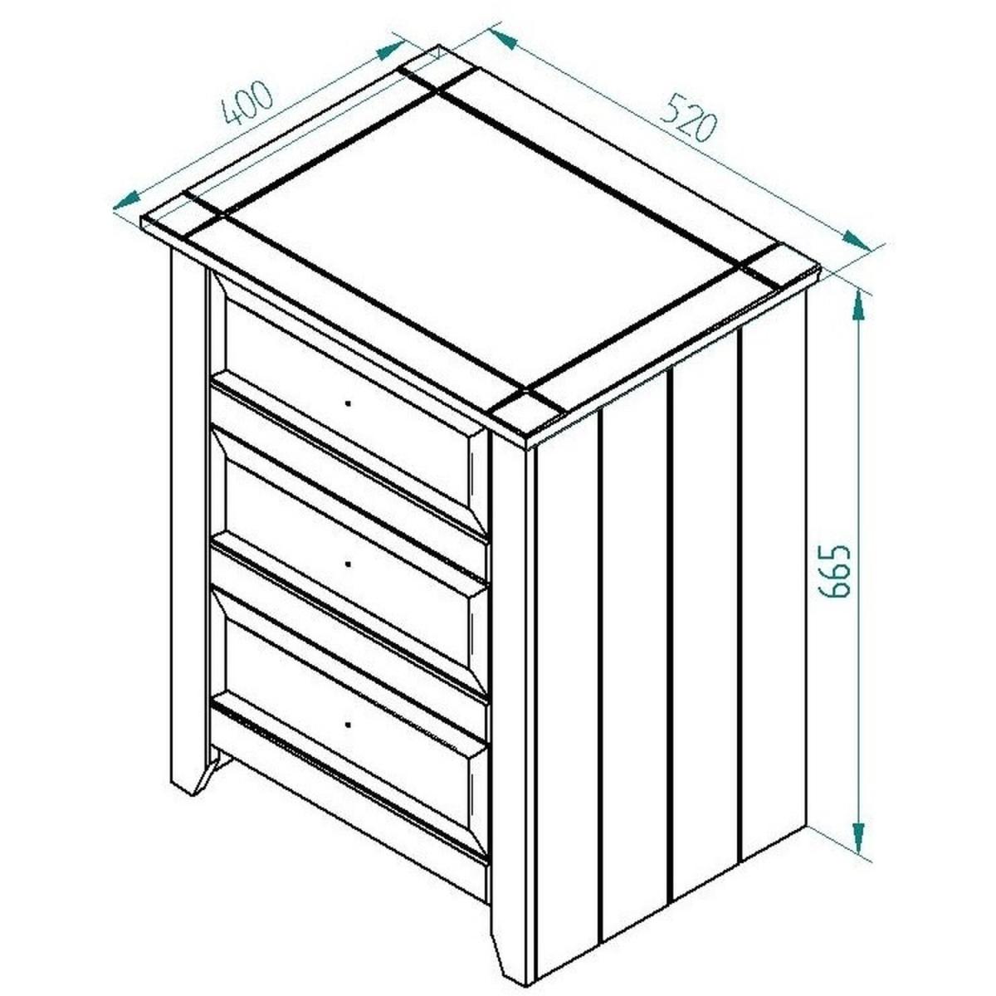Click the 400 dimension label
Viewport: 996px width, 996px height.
[x=247, y=103]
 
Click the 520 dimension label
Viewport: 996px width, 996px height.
[x=690, y=118]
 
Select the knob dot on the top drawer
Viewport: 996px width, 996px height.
[x=348, y=403]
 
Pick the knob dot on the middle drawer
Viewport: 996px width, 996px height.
[x=348, y=564]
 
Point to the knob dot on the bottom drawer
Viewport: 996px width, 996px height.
[x=348, y=725]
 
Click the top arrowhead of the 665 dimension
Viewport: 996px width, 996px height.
[x=858, y=305]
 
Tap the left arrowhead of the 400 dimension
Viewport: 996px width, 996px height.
[x=126, y=201]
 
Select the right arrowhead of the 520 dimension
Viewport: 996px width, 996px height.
[x=857, y=241]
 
